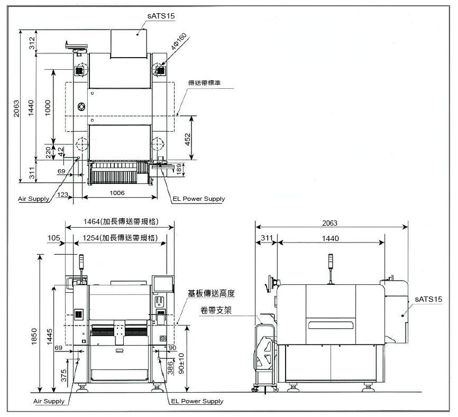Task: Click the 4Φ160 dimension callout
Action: (179, 41)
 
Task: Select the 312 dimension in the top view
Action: (32, 43)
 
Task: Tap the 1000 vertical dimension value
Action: (48, 108)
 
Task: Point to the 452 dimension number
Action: (187, 139)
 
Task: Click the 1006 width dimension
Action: (117, 193)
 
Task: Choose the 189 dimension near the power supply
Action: (179, 169)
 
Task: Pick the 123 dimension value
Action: (62, 194)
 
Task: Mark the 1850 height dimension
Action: (34, 337)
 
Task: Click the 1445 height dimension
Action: (49, 337)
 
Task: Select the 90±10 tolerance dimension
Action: (181, 363)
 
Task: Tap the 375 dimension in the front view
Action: (63, 375)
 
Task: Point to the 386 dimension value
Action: (170, 368)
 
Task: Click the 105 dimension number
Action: (54, 238)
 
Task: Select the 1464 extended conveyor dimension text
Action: (121, 221)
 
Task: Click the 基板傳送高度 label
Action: (211, 293)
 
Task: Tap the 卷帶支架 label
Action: (216, 310)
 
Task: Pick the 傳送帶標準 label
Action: (204, 83)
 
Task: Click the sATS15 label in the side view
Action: (428, 299)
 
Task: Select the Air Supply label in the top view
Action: (33, 199)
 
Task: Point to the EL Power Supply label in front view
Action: (197, 401)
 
